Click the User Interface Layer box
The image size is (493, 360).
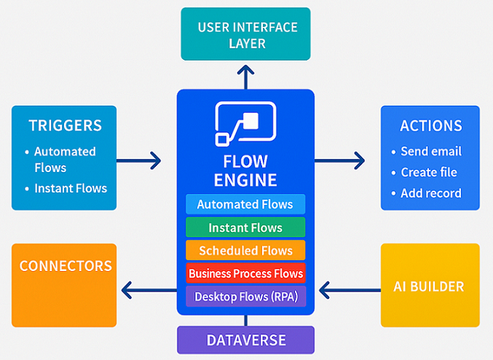245,34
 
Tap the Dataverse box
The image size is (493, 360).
245,340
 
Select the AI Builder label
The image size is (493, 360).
428,286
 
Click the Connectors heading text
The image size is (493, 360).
66,266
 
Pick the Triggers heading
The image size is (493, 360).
66,125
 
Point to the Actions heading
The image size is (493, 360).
431,126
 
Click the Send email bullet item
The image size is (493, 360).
426,152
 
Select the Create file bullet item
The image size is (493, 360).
424,173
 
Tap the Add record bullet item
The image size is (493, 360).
426,193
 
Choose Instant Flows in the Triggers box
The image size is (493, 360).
66,188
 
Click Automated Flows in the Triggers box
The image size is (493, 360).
60,160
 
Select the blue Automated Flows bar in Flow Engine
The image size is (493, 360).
245,204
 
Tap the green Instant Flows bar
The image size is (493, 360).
245,227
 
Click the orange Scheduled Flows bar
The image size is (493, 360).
245,250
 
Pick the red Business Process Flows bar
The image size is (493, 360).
245,273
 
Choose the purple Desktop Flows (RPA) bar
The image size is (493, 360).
245,297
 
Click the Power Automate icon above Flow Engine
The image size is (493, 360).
245,124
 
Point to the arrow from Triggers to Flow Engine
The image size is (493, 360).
138,161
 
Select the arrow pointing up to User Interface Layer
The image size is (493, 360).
245,77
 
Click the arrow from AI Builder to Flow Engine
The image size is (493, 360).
350,290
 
